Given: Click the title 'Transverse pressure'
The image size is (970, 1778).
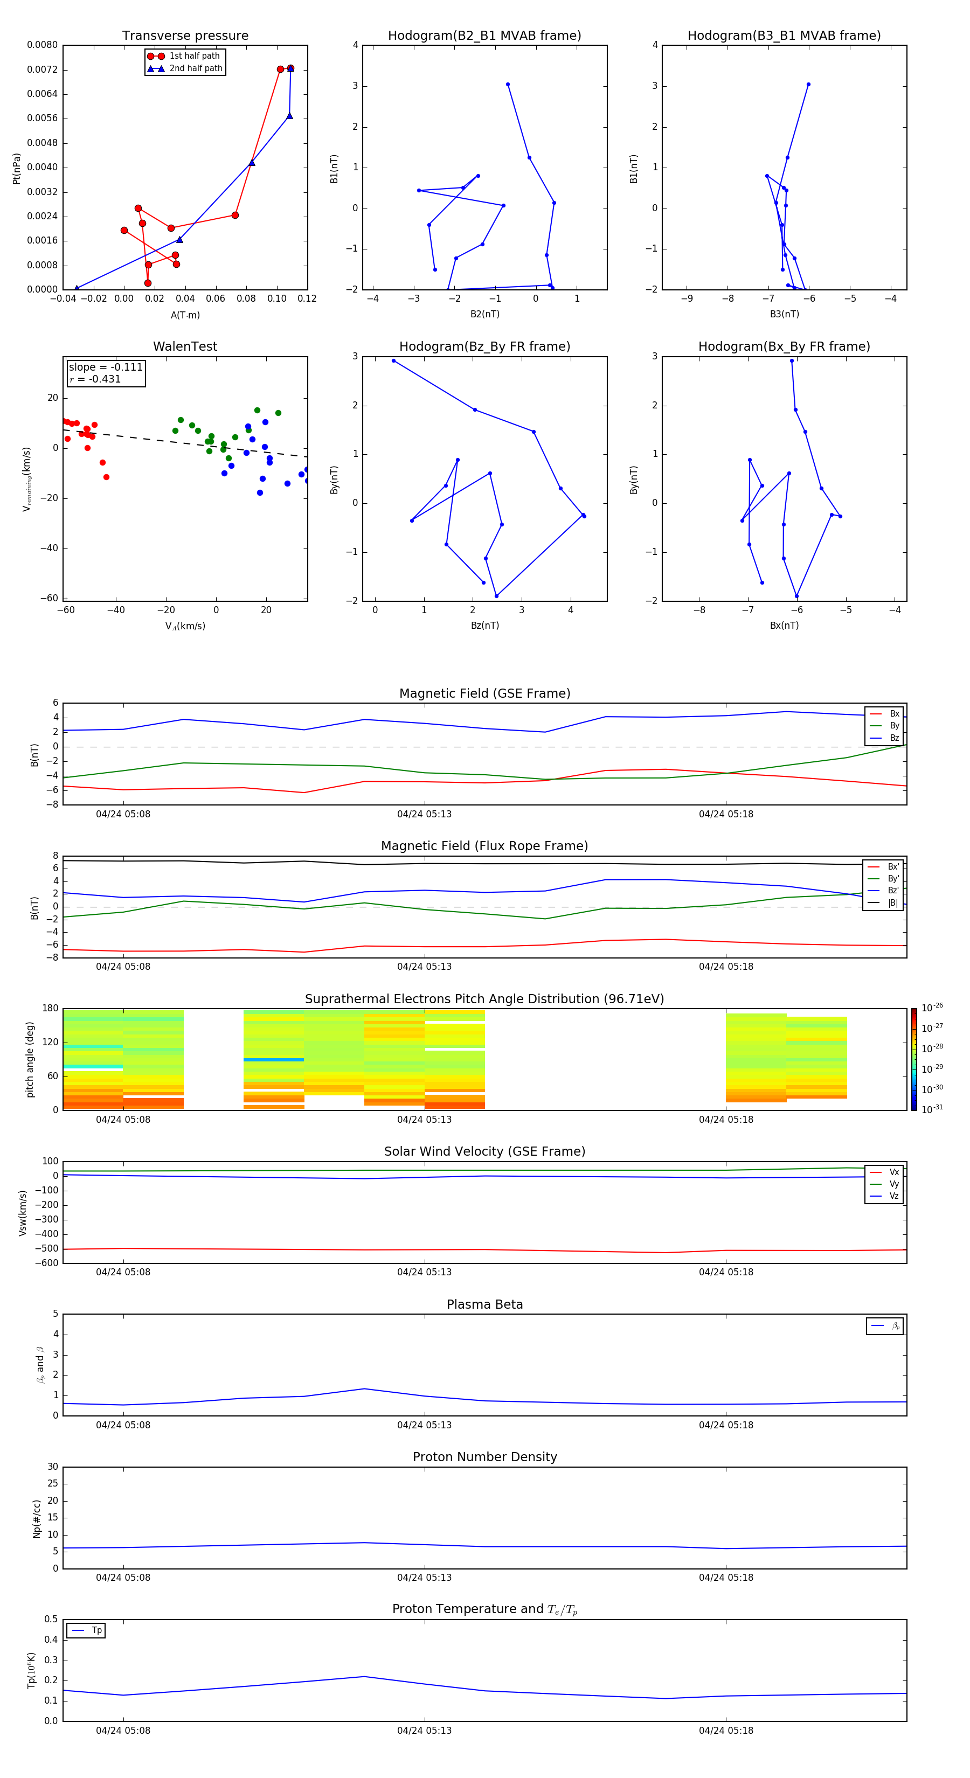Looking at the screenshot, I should [x=185, y=36].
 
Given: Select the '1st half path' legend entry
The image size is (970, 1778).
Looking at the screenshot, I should [x=194, y=56].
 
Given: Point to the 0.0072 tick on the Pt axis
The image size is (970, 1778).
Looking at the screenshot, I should [x=42, y=70].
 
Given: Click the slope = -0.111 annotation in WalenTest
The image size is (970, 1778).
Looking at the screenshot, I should [x=105, y=367].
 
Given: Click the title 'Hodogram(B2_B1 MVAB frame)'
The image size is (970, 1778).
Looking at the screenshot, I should [x=484, y=36].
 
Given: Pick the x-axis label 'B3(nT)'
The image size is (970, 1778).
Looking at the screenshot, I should [x=784, y=314].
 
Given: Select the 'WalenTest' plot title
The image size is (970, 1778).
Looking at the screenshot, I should [x=185, y=346].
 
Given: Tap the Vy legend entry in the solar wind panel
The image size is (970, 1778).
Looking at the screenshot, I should [x=893, y=1184].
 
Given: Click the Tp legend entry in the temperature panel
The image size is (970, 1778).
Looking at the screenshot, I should [x=96, y=1630].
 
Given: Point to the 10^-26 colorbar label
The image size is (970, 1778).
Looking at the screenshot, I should [x=932, y=1008].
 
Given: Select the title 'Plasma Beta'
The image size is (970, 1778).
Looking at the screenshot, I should [x=484, y=1304].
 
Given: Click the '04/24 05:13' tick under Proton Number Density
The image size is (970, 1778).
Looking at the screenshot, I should [x=424, y=1577].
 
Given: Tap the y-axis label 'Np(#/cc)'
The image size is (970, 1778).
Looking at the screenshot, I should [x=37, y=1518].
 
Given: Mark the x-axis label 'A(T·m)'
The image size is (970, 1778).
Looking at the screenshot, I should [x=185, y=315].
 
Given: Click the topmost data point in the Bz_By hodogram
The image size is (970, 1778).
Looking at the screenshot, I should [x=393, y=361].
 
